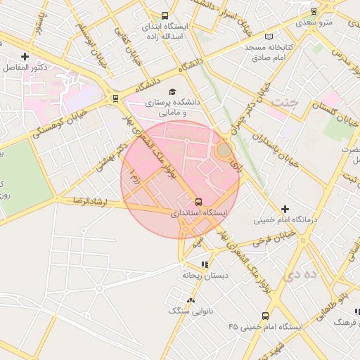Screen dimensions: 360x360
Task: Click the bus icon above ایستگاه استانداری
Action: (x=198, y=202)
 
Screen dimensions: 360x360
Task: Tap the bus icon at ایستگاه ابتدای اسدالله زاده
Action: (x=165, y=15)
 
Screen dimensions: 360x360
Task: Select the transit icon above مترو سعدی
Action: (x=314, y=11)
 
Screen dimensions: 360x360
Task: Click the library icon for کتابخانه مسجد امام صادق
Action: (x=268, y=37)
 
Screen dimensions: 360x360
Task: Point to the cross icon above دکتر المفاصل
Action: (x=25, y=56)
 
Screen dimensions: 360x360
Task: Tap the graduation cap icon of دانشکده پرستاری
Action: (x=172, y=91)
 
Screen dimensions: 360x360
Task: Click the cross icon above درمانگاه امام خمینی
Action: (x=285, y=209)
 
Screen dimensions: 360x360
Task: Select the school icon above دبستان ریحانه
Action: (x=205, y=265)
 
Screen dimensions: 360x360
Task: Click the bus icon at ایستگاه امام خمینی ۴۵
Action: (x=265, y=316)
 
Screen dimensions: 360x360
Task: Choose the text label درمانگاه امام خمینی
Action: (x=286, y=220)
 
